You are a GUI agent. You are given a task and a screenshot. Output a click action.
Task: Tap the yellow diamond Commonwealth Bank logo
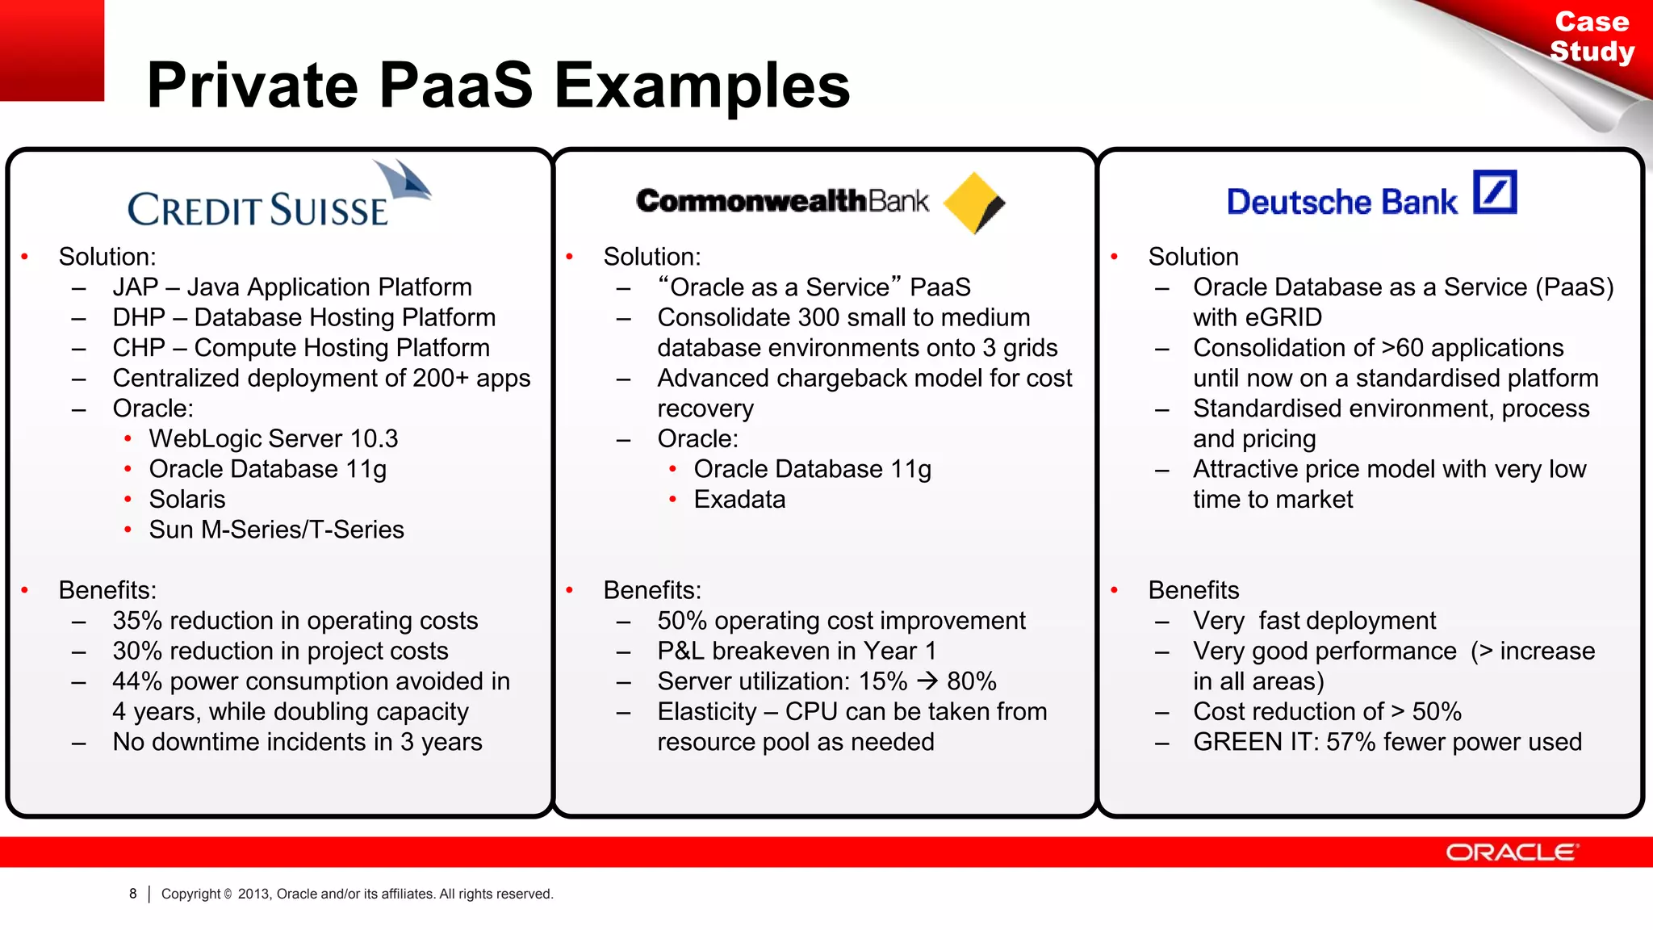973,202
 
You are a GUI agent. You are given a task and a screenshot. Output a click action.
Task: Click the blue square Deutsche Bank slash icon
1495,192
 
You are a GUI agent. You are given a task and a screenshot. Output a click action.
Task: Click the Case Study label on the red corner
1592,36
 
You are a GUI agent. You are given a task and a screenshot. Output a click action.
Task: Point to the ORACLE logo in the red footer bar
1512,852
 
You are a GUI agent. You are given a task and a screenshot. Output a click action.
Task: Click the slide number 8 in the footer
133,894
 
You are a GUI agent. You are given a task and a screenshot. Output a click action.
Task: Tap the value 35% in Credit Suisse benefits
137,621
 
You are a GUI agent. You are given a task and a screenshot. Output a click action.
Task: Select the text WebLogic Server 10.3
274,438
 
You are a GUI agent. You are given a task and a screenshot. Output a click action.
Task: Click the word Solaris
187,499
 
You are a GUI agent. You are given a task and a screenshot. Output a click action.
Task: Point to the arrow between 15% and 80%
927,681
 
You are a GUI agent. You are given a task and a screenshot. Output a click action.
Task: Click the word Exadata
739,499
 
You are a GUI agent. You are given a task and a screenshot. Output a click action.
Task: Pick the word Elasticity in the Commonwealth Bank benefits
707,711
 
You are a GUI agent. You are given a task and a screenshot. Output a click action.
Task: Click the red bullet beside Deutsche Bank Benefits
1114,590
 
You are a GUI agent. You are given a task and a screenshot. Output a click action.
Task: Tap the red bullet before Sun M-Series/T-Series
128,530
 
